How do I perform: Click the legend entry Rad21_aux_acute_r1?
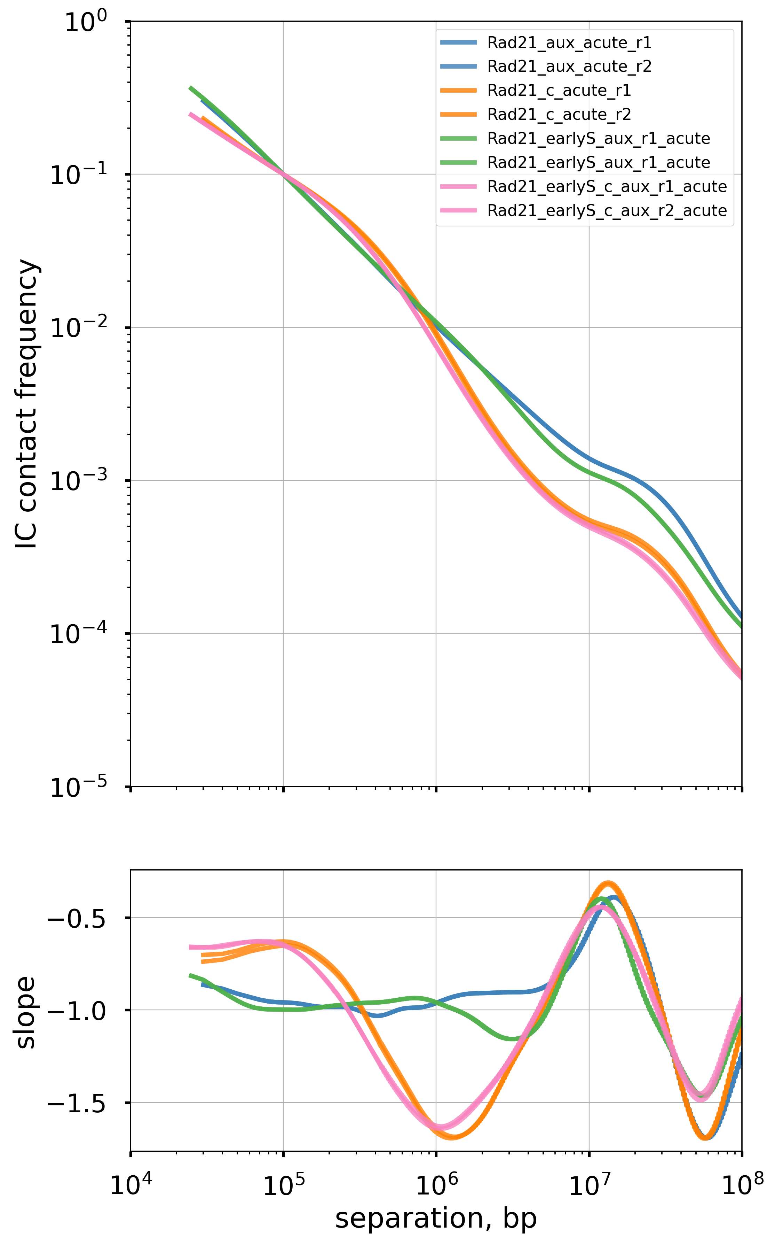(569, 42)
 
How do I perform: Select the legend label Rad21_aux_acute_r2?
(569, 67)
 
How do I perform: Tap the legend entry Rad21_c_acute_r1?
(559, 91)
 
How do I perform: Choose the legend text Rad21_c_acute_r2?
(559, 114)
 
